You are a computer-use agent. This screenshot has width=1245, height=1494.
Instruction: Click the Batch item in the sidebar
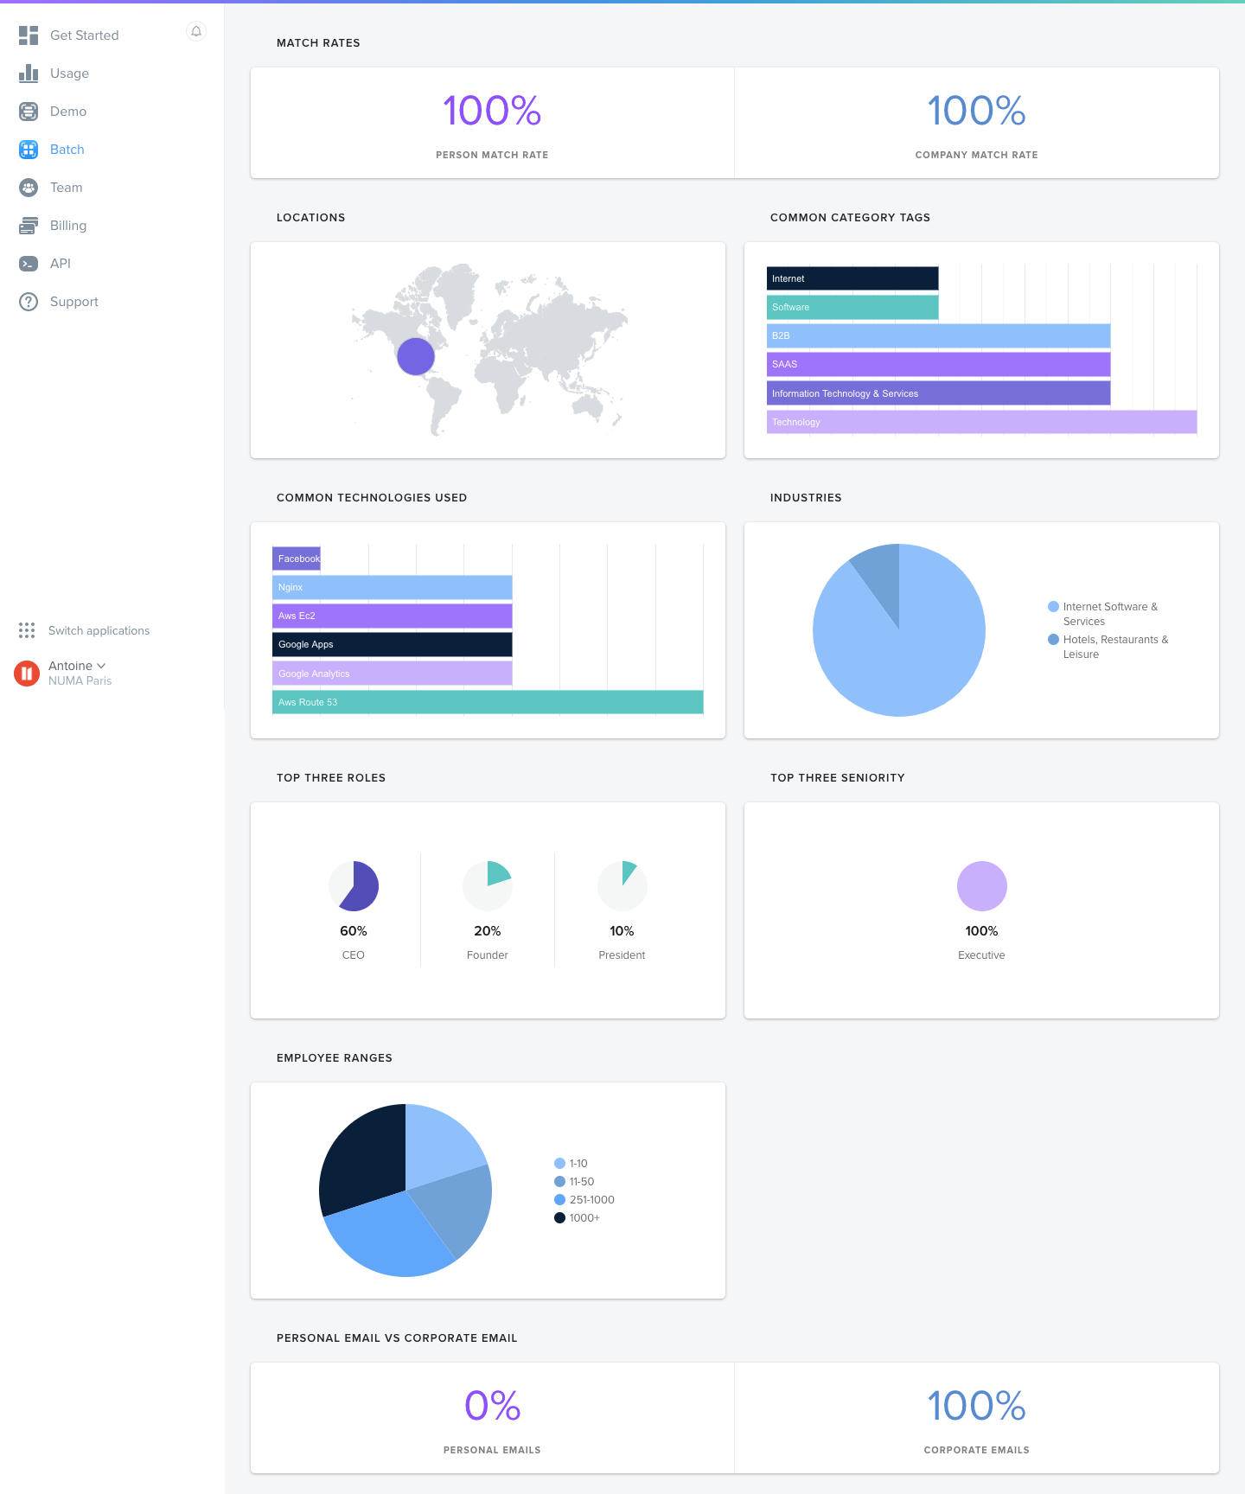point(67,150)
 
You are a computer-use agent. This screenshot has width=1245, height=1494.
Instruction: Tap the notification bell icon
point(196,32)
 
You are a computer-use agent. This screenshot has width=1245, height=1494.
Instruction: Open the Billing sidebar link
point(67,226)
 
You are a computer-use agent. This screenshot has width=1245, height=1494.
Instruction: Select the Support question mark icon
point(29,302)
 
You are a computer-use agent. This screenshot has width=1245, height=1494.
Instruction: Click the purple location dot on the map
point(416,356)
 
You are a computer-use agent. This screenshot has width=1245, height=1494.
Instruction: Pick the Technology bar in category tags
point(981,422)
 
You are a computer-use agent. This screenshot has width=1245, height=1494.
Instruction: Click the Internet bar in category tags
point(852,278)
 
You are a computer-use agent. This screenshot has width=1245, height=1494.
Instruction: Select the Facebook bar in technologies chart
point(297,559)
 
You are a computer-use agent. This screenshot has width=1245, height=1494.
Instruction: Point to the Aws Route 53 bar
point(488,702)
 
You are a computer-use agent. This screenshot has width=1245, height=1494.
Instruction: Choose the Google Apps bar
point(392,644)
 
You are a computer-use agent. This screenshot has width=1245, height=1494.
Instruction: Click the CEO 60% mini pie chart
point(354,886)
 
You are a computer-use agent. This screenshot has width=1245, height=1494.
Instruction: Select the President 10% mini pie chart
point(622,886)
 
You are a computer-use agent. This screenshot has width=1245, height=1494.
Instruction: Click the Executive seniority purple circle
point(981,886)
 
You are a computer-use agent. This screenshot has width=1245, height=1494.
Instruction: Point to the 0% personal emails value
point(492,1406)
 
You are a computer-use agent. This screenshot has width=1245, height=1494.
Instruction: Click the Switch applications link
point(99,631)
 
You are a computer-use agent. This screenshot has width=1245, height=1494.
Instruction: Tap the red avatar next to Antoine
point(27,673)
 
